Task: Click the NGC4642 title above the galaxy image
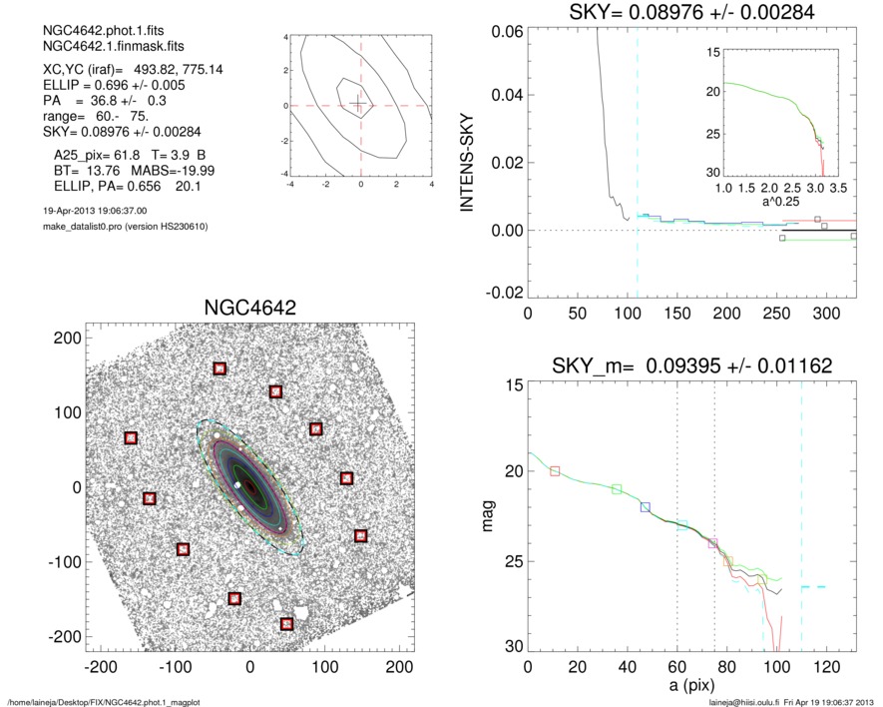[249, 308]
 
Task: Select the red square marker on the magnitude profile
[556, 470]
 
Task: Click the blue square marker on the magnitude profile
[646, 507]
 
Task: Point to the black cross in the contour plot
[359, 105]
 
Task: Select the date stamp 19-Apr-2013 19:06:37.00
[90, 211]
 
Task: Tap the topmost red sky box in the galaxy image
[220, 369]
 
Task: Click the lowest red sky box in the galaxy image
[287, 624]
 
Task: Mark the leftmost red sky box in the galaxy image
[131, 438]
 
